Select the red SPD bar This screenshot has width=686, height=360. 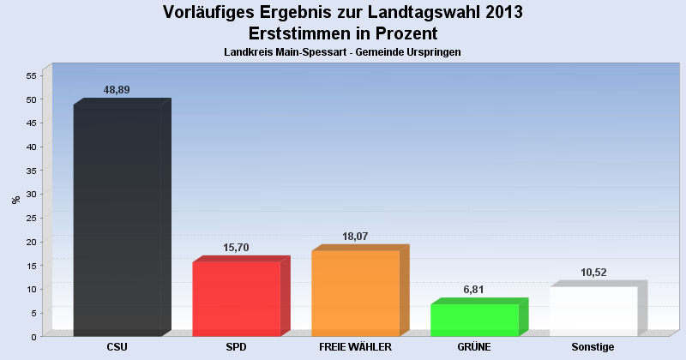click(x=237, y=299)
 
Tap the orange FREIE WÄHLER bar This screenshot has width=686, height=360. click(x=355, y=293)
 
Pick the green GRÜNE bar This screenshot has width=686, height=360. click(x=474, y=320)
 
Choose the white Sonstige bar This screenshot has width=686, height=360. click(x=593, y=311)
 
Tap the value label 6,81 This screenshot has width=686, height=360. click(x=473, y=290)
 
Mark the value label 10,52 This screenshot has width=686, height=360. click(x=593, y=273)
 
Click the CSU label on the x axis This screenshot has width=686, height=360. click(x=117, y=347)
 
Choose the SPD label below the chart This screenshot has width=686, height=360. click(x=237, y=347)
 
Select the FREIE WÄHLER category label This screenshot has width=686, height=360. click(x=355, y=347)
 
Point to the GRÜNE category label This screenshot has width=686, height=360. click(x=474, y=347)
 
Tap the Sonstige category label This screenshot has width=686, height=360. click(x=593, y=347)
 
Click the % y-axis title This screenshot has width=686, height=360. click(x=15, y=200)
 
